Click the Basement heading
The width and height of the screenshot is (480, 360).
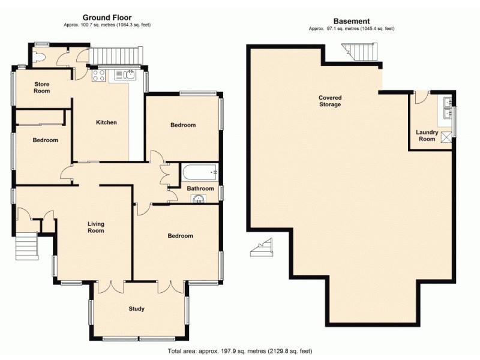coord(352,21)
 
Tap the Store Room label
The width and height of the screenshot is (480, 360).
coord(42,88)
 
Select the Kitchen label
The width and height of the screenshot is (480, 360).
coord(106,122)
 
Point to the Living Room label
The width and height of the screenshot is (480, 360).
coord(95,227)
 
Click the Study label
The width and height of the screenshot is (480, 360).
coord(136,309)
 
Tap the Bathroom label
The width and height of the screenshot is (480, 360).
coord(200,188)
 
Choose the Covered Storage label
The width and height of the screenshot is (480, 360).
coord(330,101)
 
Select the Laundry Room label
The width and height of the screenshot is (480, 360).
coord(427,136)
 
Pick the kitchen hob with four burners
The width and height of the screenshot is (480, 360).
coord(98,75)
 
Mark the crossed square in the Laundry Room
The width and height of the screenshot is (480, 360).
coord(446,137)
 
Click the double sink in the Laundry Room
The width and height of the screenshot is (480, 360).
coord(446,106)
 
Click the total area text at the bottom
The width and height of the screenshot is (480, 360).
coord(239,350)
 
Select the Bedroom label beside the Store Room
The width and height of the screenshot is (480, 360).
coord(45,140)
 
